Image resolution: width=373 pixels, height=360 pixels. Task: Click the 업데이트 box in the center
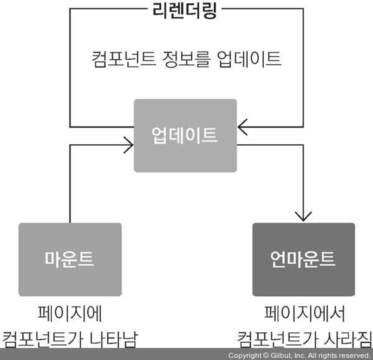(x=185, y=135)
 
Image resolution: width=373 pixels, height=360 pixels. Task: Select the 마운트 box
(x=70, y=259)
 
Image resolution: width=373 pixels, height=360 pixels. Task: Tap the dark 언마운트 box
(x=303, y=259)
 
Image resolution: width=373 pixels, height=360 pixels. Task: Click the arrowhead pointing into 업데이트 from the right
(x=242, y=127)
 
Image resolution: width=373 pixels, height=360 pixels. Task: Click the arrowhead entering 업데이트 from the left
(x=129, y=145)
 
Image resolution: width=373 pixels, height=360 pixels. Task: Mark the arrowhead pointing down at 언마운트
(x=303, y=216)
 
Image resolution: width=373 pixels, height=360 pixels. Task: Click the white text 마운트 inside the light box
(x=70, y=259)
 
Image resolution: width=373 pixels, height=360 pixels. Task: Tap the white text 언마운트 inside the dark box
(x=303, y=259)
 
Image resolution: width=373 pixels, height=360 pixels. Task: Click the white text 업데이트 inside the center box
(x=185, y=135)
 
